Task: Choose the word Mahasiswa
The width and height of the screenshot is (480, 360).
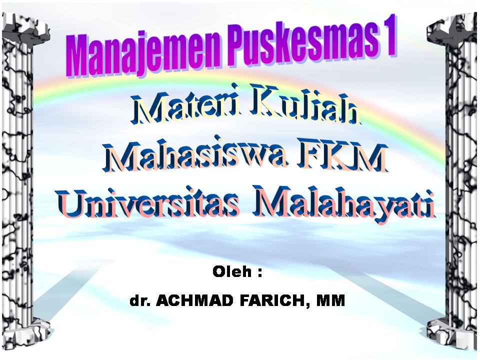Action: point(195,154)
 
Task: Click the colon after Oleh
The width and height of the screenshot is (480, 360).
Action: point(260,272)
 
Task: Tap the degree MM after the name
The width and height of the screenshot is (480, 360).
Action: point(330,300)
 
